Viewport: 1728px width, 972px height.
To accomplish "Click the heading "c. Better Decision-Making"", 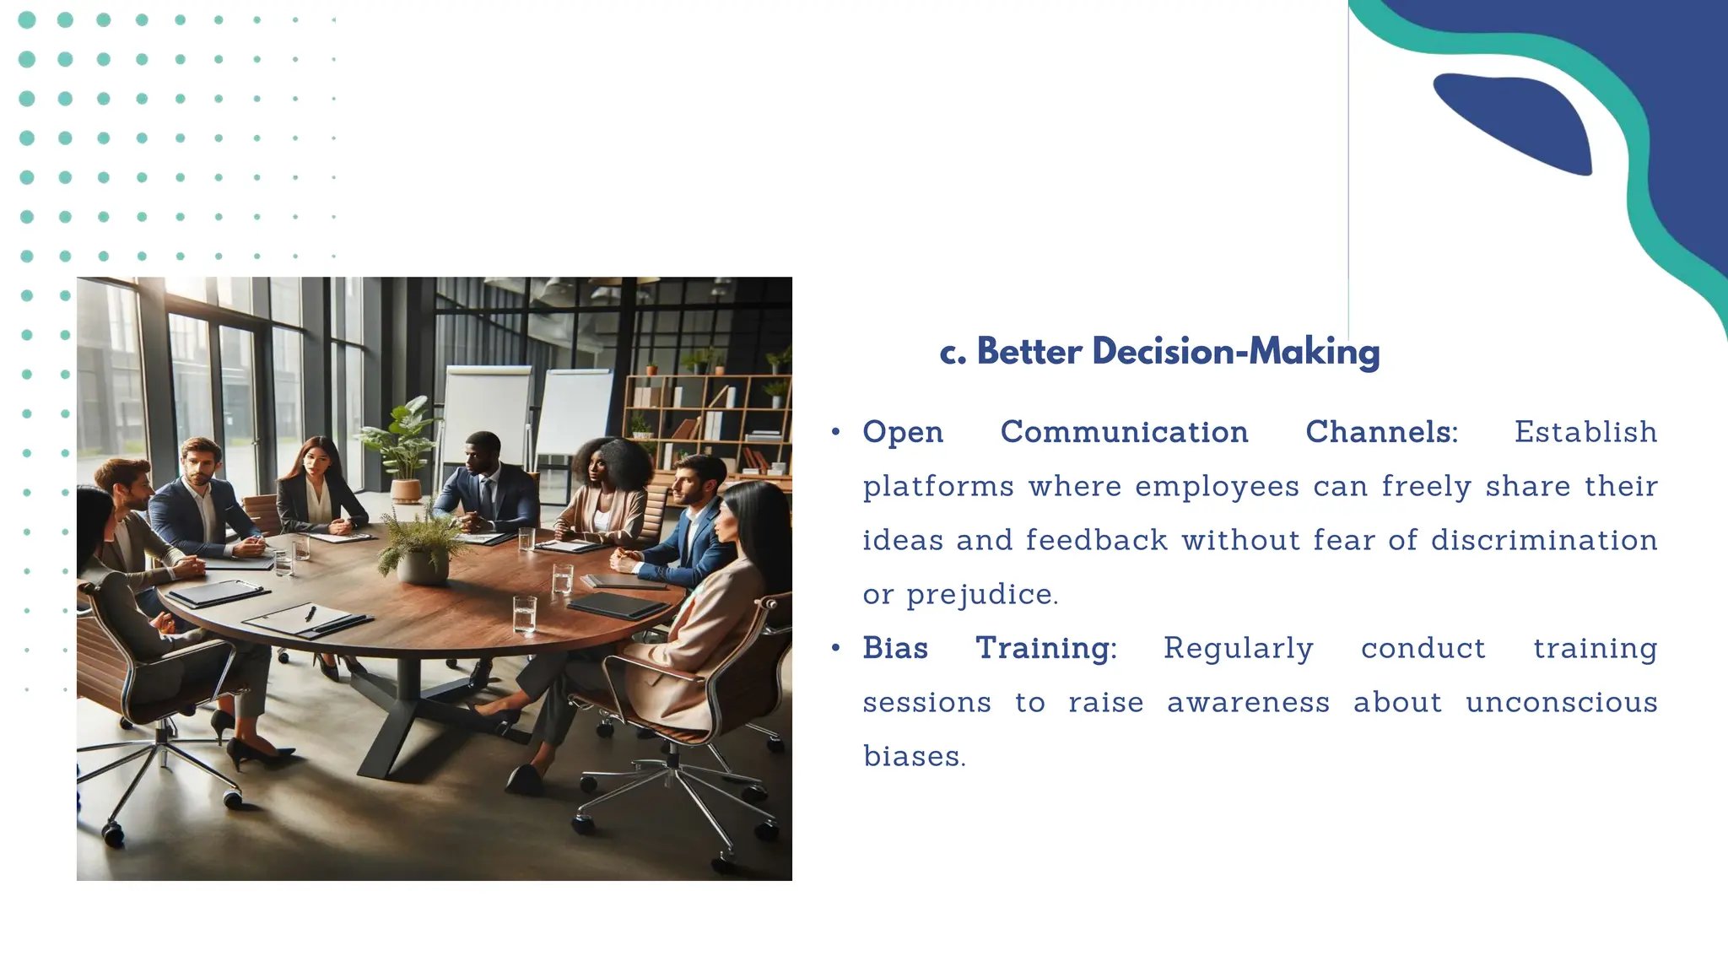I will click(1159, 352).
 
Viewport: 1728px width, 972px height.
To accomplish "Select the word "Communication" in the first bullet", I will click(1124, 432).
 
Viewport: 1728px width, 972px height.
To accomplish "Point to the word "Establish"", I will click(1585, 432).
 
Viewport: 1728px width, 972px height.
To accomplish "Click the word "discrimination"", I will click(1544, 540).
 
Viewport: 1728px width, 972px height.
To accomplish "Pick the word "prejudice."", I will click(982, 595).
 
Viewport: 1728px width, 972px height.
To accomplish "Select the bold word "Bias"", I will click(895, 648).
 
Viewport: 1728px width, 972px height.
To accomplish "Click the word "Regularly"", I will click(1238, 648).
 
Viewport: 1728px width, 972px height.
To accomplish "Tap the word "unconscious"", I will click(1561, 702).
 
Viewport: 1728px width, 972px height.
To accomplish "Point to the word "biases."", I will click(915, 756).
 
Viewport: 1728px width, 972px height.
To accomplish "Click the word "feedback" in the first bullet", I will click(1097, 540).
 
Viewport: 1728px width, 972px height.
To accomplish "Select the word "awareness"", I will click(1248, 702).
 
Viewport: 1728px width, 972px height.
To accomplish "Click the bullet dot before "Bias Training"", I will click(835, 648).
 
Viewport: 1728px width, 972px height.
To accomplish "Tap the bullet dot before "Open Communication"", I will click(835, 432).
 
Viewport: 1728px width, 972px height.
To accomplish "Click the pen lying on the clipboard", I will click(310, 613).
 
